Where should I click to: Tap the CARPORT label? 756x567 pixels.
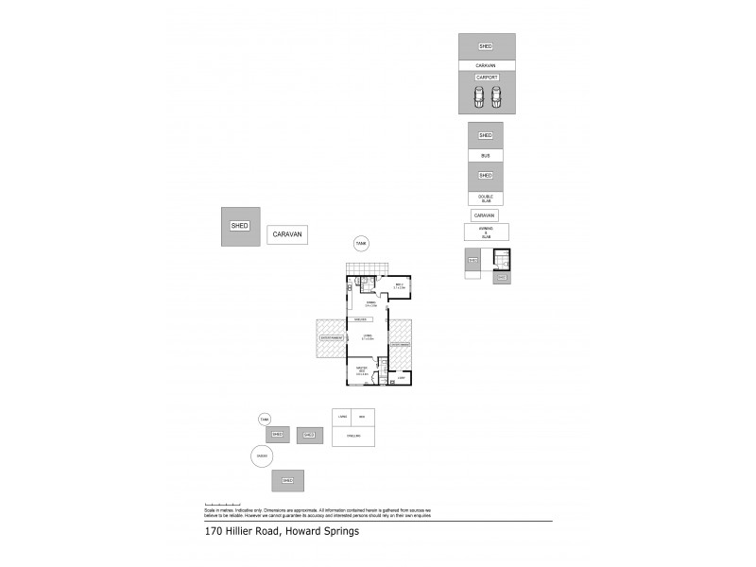487,77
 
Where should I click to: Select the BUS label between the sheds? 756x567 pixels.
486,154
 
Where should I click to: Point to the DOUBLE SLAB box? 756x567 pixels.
486,198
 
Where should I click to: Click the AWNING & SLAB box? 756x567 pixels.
487,232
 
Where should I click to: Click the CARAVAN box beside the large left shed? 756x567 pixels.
286,235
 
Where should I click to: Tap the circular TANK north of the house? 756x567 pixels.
360,244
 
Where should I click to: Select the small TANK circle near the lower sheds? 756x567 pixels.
265,419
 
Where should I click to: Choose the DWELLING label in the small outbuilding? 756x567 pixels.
352,436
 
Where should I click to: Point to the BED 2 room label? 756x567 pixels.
400,286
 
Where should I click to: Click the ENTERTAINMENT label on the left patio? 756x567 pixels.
330,336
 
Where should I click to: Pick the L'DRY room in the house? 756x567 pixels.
401,378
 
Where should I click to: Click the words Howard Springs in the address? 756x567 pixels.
324,531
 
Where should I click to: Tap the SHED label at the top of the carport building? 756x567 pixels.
486,46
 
